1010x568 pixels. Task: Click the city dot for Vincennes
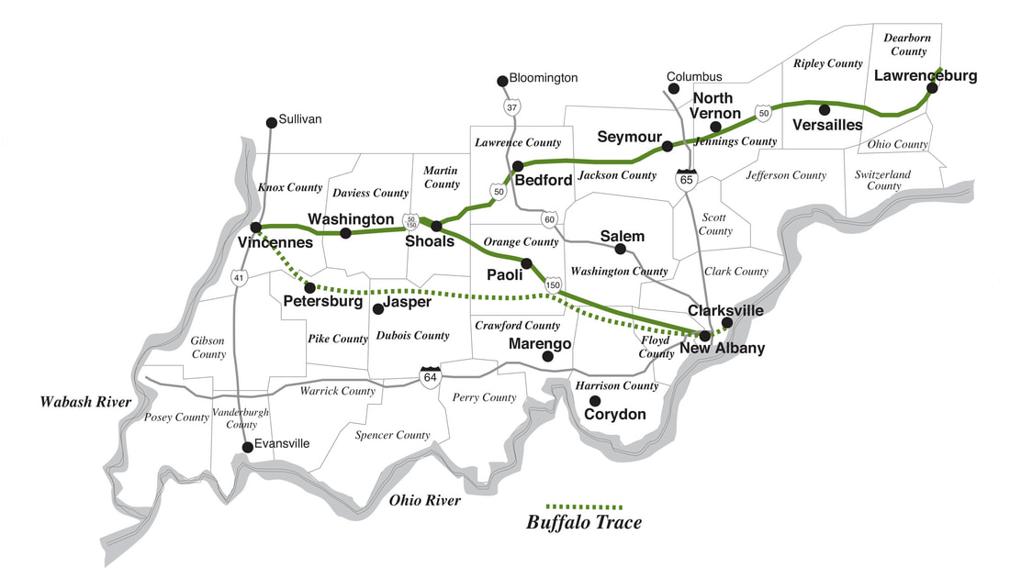[256, 228]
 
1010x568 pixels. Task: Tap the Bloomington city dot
[502, 81]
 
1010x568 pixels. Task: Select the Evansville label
[283, 443]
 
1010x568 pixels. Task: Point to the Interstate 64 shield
[429, 375]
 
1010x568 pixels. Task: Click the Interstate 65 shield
[686, 178]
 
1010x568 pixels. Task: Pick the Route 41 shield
[239, 276]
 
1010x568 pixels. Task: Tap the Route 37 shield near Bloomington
[511, 107]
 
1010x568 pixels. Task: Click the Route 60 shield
[549, 218]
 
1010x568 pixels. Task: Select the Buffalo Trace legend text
[584, 523]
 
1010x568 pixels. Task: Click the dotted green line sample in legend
[584, 506]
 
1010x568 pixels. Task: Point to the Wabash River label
[85, 402]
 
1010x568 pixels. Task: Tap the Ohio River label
[424, 500]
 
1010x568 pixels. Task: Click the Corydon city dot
[595, 400]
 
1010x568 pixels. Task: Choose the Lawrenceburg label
[925, 75]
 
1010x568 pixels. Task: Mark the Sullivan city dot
[271, 122]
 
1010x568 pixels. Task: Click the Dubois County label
[412, 336]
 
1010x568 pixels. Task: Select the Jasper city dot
[377, 308]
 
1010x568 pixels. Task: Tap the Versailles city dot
[825, 109]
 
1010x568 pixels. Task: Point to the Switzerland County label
[882, 180]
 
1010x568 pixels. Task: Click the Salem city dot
[620, 249]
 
